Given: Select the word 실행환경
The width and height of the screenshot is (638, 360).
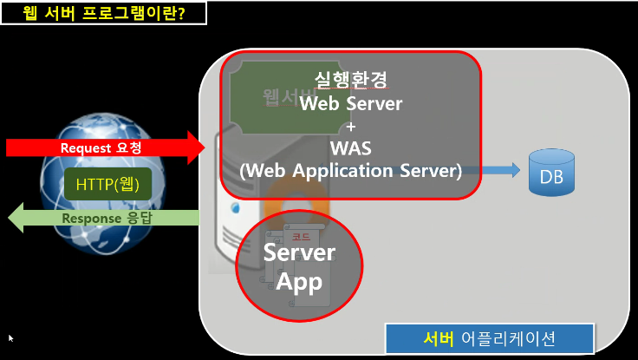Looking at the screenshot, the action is coord(350,81).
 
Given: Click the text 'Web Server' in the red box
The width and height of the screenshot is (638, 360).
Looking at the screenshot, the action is coord(350,104).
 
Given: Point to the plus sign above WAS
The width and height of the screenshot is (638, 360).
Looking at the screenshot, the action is coord(350,127).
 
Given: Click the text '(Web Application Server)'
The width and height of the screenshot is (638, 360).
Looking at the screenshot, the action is coord(350,171).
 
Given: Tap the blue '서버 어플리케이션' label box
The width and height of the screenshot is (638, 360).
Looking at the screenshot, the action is coord(489,337).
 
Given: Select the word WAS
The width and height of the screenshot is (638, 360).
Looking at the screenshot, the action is coord(350,148).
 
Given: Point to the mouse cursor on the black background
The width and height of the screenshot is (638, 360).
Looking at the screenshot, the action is coord(11,337).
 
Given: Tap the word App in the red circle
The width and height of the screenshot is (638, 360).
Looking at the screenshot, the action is coord(298,281).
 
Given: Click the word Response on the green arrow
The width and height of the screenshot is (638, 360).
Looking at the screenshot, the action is coord(90,219).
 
